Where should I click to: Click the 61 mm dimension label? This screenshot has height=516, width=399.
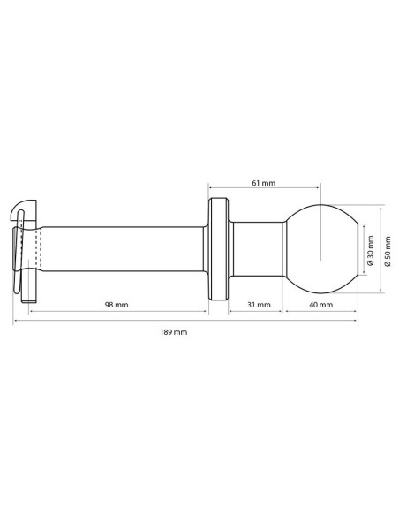264,183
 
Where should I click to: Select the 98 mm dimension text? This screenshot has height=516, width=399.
117,305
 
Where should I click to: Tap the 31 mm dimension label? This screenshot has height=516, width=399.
259,305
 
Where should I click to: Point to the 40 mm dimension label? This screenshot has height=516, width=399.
320,305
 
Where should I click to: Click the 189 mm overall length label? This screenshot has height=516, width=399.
174,332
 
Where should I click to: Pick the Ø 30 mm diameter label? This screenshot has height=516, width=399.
371,250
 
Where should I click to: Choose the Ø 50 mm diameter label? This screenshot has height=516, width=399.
388,251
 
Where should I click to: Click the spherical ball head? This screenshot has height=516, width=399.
320,249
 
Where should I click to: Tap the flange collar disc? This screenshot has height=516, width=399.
218,249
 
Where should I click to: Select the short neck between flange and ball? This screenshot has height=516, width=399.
256,249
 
